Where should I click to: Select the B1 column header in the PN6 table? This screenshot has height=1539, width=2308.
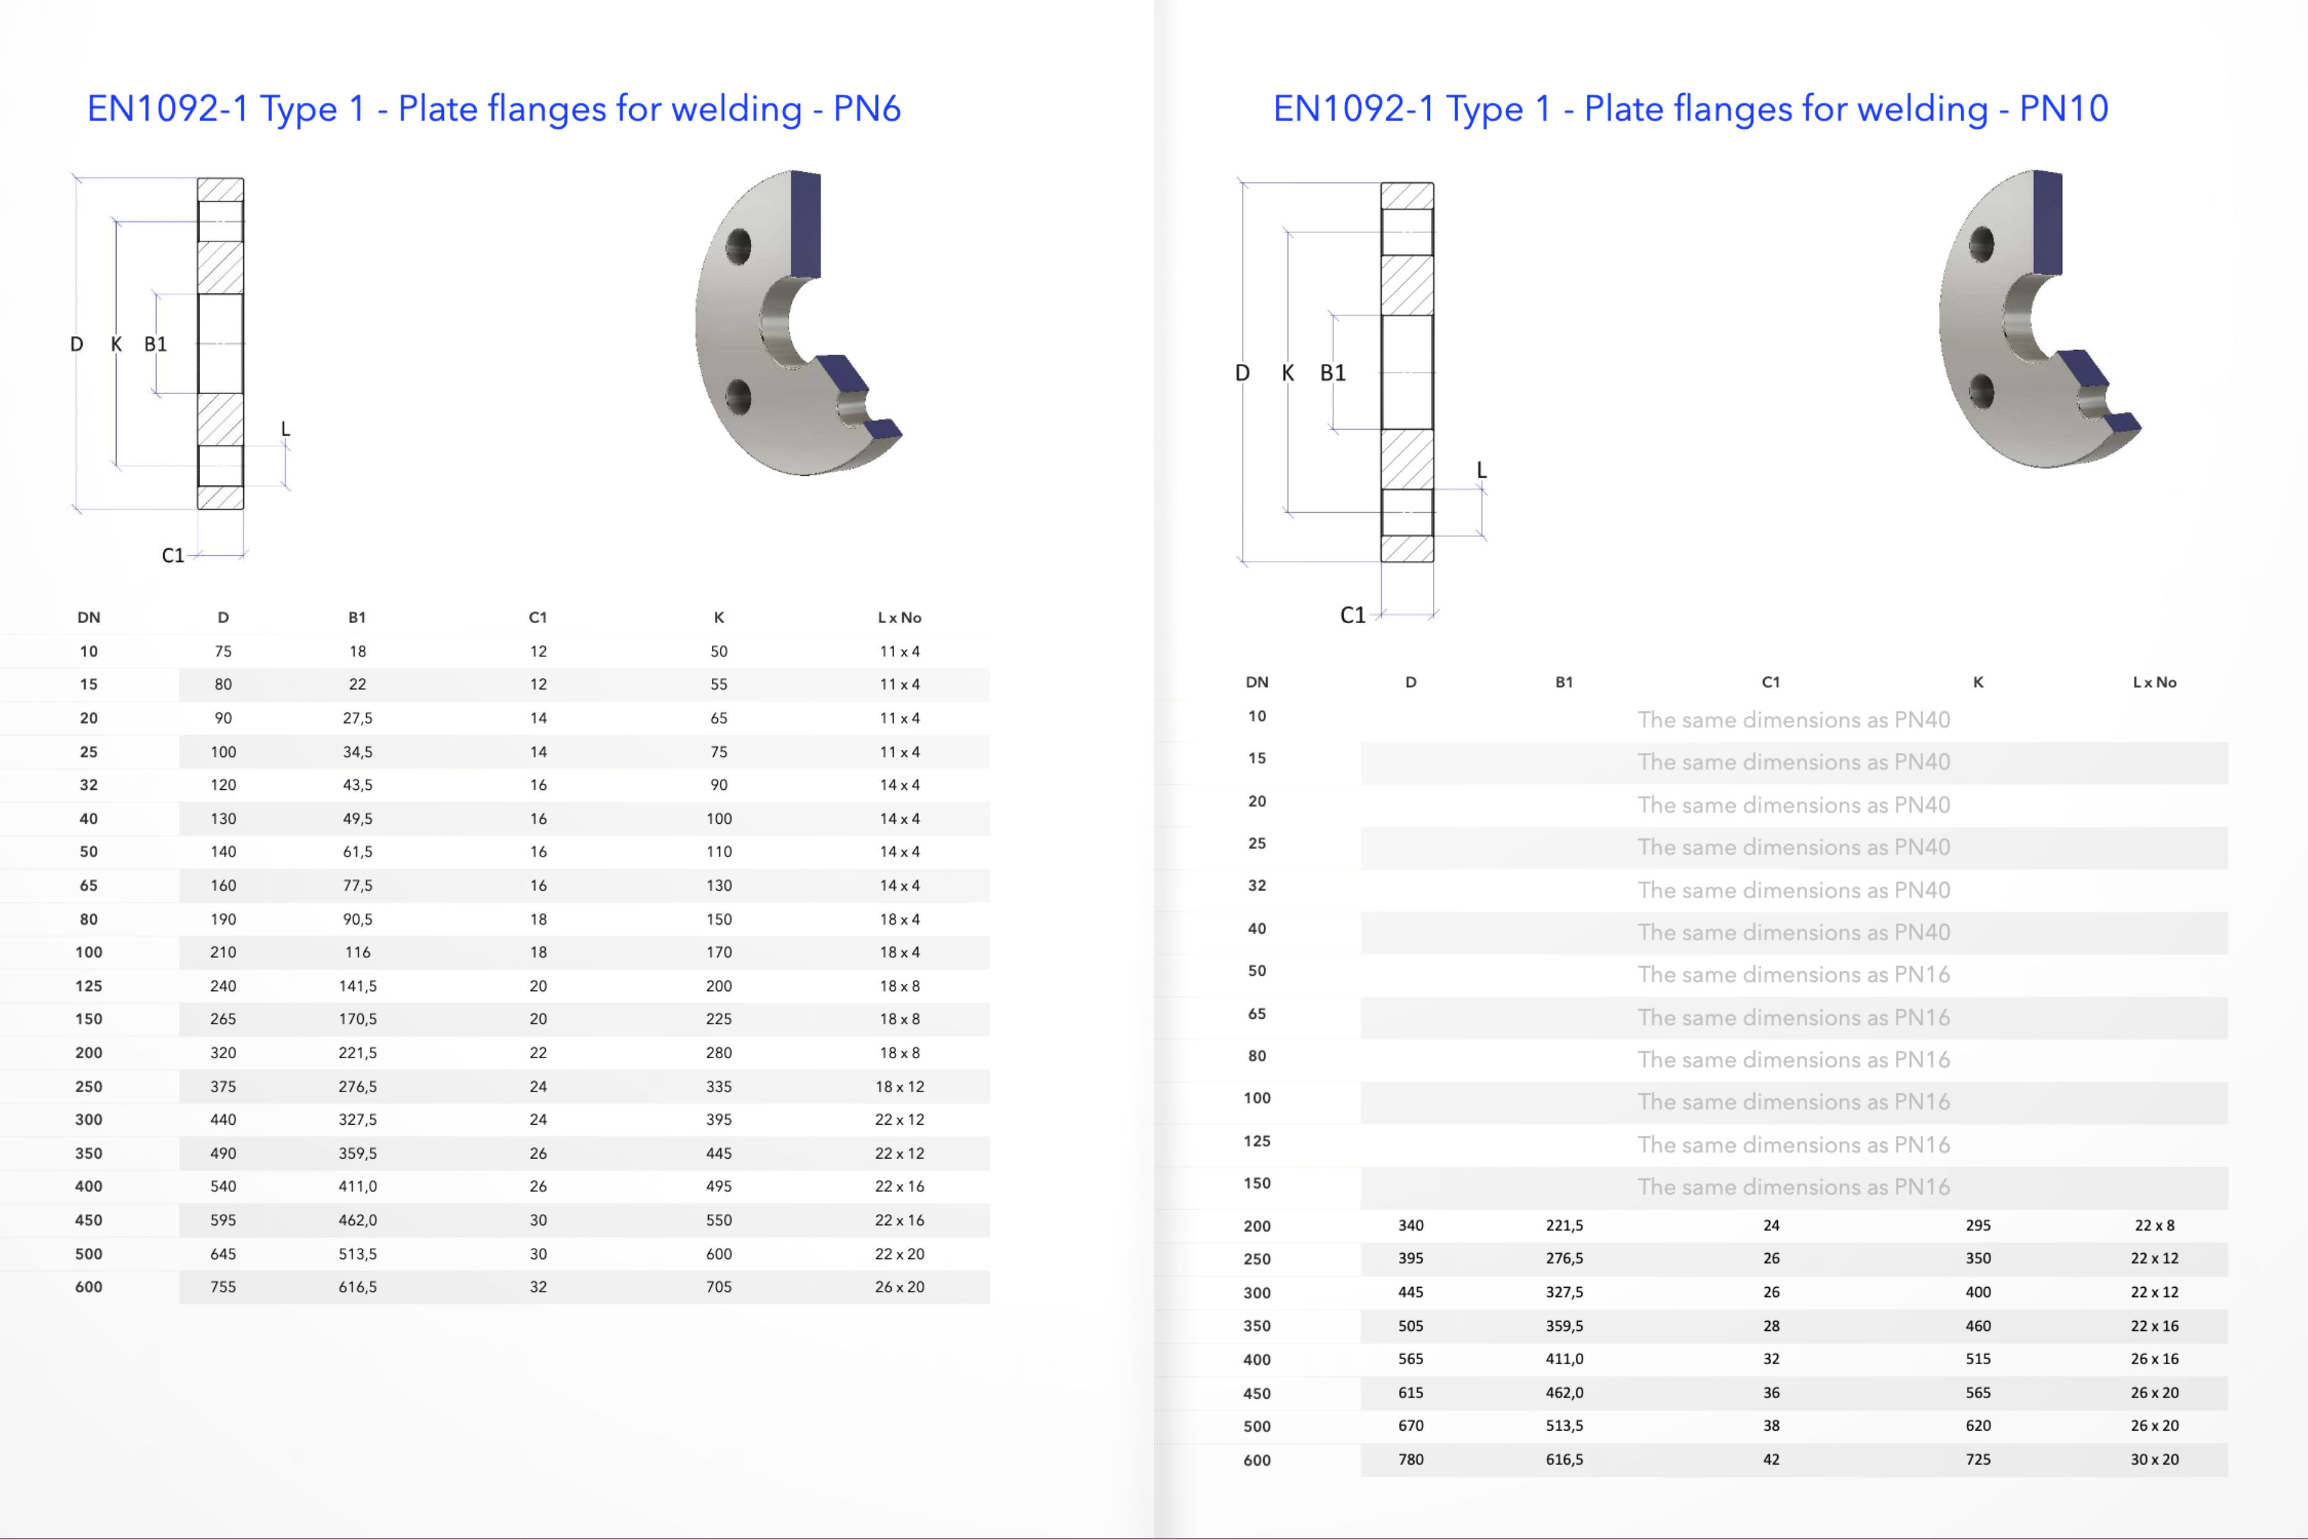click(x=357, y=617)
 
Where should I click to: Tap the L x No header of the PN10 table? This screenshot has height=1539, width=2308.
click(x=2154, y=682)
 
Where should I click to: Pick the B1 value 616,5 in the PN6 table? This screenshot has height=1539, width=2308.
click(x=357, y=1287)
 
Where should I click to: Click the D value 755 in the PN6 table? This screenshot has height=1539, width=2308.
click(x=223, y=1287)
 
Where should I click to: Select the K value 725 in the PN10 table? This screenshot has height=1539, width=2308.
click(x=1977, y=1460)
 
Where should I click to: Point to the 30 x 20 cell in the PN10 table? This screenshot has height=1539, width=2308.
click(x=2154, y=1460)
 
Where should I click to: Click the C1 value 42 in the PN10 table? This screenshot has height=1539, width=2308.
click(x=1771, y=1460)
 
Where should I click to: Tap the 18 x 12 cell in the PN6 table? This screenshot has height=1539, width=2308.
click(x=899, y=1087)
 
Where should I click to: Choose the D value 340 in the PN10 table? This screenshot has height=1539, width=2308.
click(x=1411, y=1225)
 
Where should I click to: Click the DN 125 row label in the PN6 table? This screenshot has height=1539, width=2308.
click(x=88, y=986)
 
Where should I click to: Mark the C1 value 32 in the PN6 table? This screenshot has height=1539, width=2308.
click(x=538, y=1287)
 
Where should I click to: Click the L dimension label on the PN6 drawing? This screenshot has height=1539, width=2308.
click(x=286, y=429)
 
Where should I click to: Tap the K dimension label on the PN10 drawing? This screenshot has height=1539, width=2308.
click(x=1287, y=373)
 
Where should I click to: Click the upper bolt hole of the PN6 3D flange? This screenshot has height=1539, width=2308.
click(x=738, y=246)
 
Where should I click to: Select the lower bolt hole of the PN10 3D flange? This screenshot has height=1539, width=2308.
click(x=1981, y=392)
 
